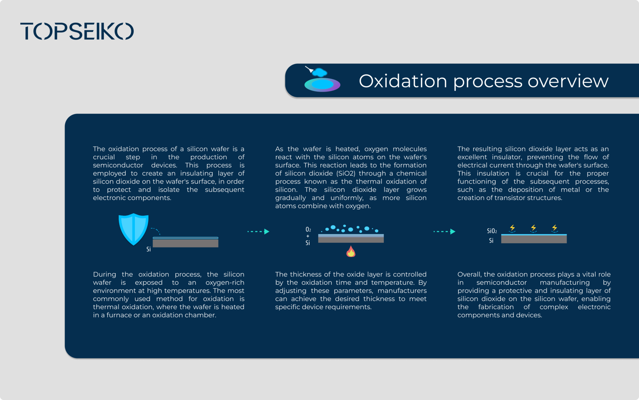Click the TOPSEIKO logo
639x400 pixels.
pos(77,31)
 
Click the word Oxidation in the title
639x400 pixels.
pos(402,81)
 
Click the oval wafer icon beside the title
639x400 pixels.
pos(322,84)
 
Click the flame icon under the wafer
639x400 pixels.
pos(351,251)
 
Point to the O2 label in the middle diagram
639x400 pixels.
pos(308,229)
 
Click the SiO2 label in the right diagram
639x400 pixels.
pos(492,231)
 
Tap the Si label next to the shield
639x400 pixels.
pos(148,249)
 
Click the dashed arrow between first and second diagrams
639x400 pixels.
pos(258,231)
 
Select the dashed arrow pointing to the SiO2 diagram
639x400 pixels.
pos(444,231)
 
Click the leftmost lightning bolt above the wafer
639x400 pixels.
pos(512,228)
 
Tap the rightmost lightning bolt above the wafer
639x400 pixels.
pos(554,228)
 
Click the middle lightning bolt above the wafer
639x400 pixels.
pos(533,228)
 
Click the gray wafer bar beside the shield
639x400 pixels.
pos(185,243)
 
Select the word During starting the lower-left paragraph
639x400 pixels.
pos(104,274)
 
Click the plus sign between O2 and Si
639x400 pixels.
pos(308,236)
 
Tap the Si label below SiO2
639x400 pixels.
pos(491,240)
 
